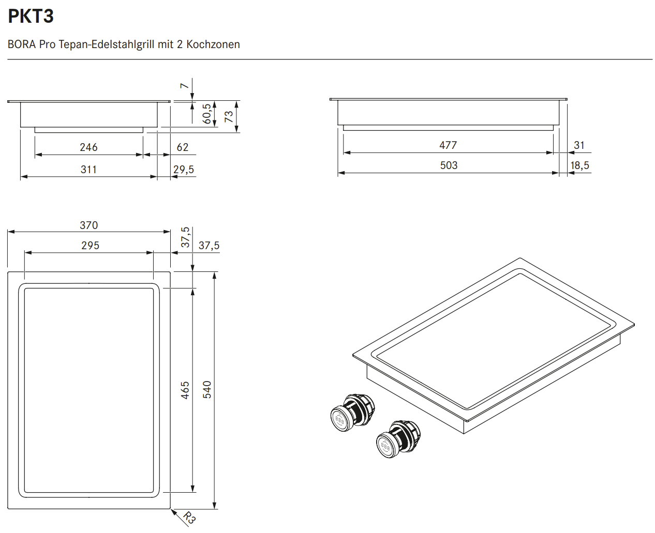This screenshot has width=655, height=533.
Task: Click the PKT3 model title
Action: point(31,17)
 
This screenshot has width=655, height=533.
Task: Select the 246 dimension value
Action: point(88,147)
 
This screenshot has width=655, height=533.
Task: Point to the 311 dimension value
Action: point(88,170)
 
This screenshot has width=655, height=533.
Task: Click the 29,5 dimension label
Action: point(184,170)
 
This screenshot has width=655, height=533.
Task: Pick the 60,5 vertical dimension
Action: point(207,114)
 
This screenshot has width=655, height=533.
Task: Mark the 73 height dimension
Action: point(229,117)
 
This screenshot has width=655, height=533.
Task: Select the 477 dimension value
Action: point(448,145)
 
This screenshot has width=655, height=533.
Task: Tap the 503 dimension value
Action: point(449,165)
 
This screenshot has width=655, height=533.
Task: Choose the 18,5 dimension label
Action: point(579,165)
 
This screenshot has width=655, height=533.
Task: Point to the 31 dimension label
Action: point(579,145)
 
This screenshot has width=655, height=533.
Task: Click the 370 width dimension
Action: point(88,225)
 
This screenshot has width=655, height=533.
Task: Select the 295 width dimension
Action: point(90,246)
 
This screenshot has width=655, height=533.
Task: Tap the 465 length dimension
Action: point(185,390)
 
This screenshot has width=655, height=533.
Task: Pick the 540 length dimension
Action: point(207,389)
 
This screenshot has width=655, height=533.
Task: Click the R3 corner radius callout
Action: point(189,517)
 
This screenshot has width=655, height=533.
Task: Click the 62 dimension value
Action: point(183,147)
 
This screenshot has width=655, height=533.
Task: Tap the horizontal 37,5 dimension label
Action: point(209,246)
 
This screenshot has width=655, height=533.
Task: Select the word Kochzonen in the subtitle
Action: point(213,44)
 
